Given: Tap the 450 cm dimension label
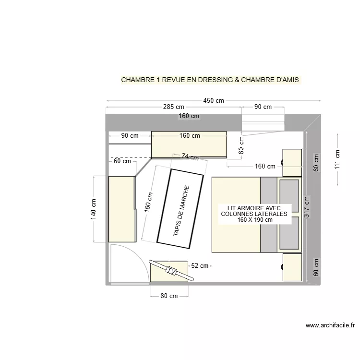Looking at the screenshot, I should (214, 101).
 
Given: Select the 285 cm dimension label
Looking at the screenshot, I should (173, 107).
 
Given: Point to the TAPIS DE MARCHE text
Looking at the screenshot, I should (181, 211).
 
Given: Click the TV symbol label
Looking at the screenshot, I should (171, 270).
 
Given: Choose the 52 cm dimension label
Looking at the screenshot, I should (200, 265).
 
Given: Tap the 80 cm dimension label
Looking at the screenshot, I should (169, 296).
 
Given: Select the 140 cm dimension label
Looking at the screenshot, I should (94, 210).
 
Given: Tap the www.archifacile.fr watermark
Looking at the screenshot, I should (330, 325).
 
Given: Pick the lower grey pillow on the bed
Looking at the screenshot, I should (289, 233).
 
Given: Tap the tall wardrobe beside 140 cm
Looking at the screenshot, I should (121, 209).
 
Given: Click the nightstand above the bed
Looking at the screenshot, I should (292, 163).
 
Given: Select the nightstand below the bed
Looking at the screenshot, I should (292, 267).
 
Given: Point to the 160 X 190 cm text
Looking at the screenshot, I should (255, 220).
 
